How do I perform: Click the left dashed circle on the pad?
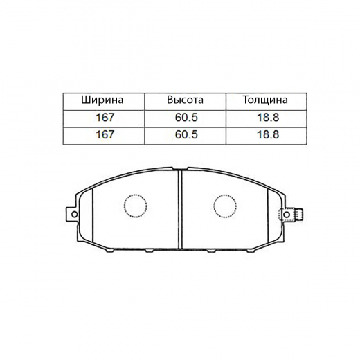[135, 206]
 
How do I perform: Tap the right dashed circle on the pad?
[225, 206]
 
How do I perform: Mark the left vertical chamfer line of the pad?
[93, 215]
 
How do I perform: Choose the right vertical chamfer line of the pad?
[267, 215]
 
